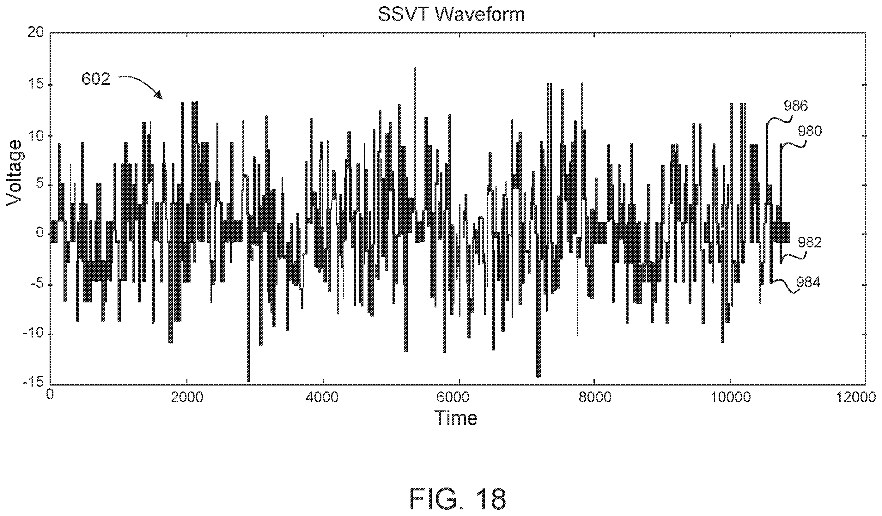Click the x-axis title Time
[x=456, y=418]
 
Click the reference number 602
[x=96, y=79]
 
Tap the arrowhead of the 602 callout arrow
[x=159, y=95]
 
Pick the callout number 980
[x=810, y=132]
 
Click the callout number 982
[x=810, y=242]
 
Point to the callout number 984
[x=808, y=282]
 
